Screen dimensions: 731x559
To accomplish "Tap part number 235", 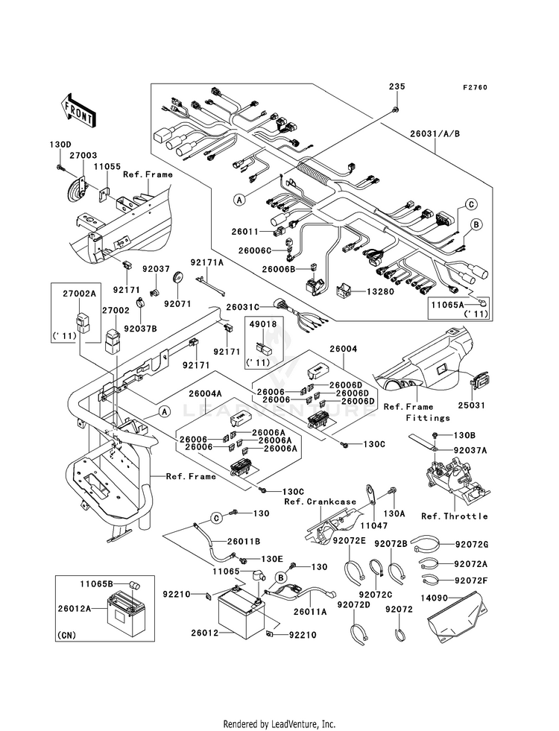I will click(x=396, y=87).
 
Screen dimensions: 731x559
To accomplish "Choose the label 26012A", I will click(x=75, y=607).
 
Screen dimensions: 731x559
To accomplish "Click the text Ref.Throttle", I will click(x=455, y=516).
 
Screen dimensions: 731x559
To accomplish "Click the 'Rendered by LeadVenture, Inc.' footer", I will click(x=279, y=724).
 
